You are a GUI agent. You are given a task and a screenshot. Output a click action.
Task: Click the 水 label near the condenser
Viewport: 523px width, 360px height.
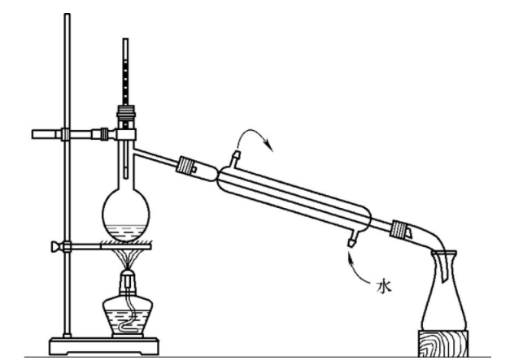click(x=385, y=287)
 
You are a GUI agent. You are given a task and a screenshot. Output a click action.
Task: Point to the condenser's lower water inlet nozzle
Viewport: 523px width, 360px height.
click(x=351, y=239)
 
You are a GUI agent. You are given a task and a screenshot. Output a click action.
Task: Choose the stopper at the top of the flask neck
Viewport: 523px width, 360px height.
click(x=126, y=115)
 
